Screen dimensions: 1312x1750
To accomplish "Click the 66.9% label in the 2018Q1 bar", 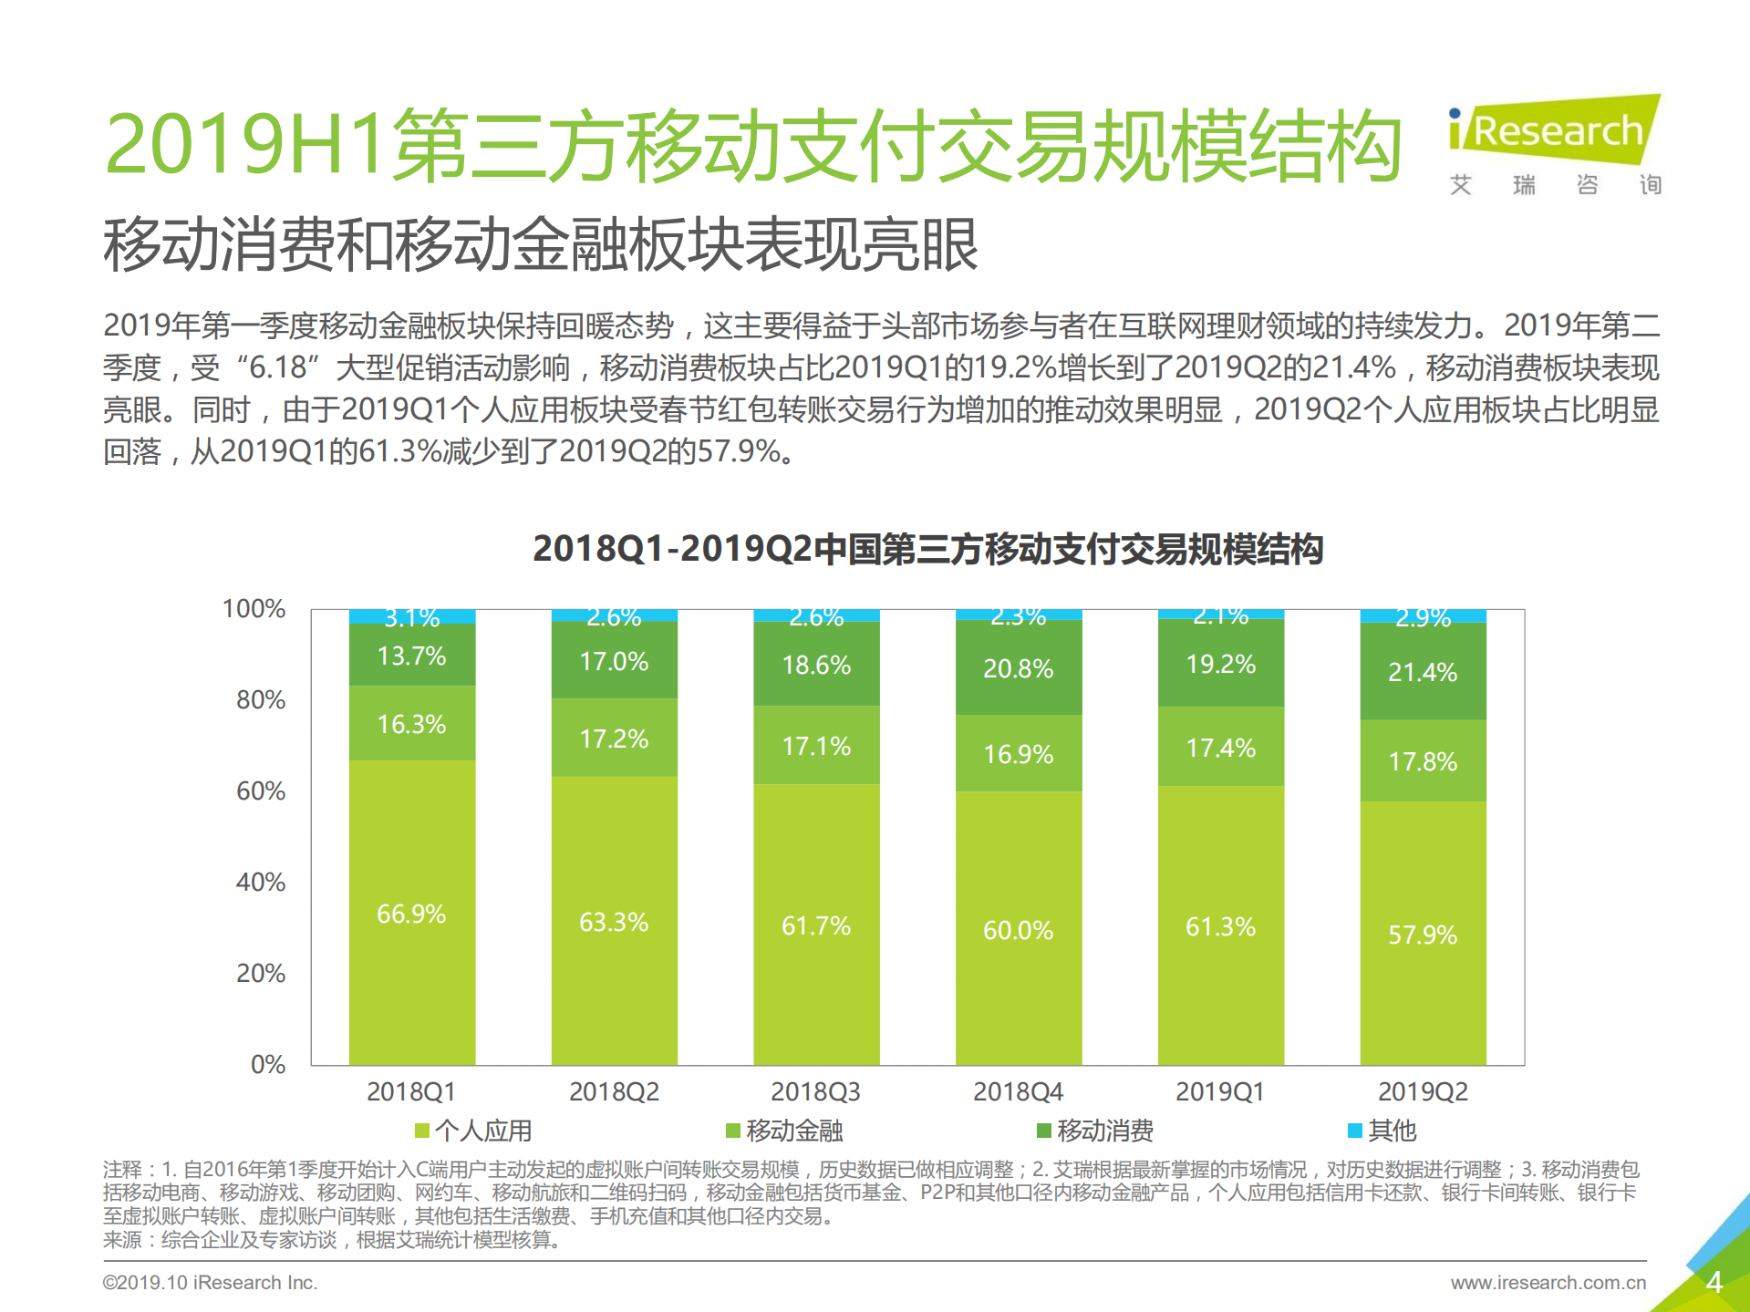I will point(411,914).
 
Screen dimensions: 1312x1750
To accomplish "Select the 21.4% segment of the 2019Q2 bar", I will point(1423,672).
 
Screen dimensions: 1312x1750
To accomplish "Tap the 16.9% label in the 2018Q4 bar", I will point(1018,754).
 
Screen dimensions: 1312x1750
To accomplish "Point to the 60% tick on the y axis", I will point(261,790).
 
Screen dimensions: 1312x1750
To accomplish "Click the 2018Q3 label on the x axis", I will point(815,1091).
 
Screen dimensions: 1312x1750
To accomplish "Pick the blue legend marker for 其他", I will point(1355,1131).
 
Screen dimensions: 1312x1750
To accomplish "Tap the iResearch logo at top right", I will point(1556,132).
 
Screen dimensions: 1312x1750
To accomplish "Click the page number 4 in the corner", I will point(1714,1283).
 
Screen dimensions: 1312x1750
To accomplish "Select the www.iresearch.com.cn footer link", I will point(1548,1283).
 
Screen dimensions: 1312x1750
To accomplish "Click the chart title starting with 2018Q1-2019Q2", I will point(927,549).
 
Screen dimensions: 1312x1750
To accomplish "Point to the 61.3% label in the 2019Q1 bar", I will point(1220,926).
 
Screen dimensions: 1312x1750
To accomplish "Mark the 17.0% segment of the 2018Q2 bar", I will point(614,661).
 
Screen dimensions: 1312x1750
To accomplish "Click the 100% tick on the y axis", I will point(254,609).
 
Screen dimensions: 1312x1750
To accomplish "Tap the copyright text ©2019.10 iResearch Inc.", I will point(210,1283).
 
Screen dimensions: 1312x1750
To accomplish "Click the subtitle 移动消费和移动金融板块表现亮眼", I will point(541,244).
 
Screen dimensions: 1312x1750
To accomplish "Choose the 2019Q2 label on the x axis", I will point(1423,1091).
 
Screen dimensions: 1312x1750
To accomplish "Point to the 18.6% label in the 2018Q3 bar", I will point(816,665).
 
